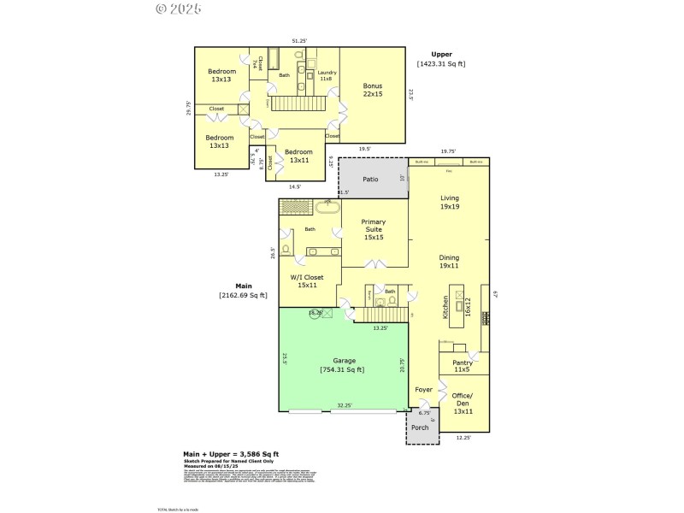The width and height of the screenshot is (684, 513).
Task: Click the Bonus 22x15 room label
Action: coord(372,90)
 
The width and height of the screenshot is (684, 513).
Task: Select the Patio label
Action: coord(370,180)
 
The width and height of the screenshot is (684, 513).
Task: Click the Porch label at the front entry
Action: coord(420,427)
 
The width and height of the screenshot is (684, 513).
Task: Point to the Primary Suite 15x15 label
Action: coord(373,228)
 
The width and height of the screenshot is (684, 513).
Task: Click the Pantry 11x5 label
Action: coord(461,366)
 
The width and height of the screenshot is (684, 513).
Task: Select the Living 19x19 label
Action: coord(449,202)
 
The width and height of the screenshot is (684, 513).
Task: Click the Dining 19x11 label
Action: coord(449,262)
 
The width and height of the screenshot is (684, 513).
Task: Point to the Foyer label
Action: coord(424,390)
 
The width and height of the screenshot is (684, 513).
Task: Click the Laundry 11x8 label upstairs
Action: coord(327,75)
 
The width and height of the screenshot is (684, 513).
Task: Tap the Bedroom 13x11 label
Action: coord(299,156)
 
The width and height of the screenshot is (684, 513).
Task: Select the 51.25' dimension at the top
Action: coord(299,40)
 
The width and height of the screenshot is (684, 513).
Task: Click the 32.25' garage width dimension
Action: coord(345,406)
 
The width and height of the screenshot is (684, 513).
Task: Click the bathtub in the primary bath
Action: coord(328,207)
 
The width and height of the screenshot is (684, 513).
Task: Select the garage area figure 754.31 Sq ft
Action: coord(342,369)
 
